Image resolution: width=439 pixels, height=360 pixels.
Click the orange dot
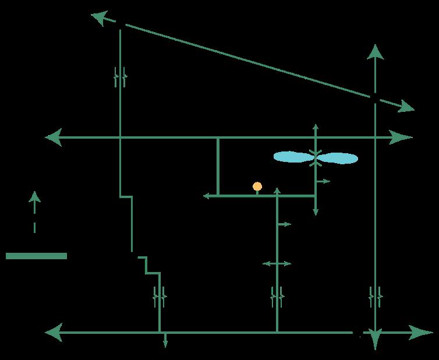tap(257, 186)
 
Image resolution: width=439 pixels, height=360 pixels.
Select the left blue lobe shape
tap(293, 157)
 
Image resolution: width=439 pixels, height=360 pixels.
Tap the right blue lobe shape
tap(338, 158)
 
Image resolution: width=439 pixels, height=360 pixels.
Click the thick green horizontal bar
tap(36, 256)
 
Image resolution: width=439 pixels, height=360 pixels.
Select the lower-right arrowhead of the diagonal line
tap(406, 107)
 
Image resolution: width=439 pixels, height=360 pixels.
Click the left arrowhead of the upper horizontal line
tap(54, 137)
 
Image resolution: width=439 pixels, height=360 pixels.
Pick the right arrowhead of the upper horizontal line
tap(403, 137)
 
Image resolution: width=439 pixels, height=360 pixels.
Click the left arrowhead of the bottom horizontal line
tap(54, 333)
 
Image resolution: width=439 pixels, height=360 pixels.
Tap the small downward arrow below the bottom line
tap(165, 343)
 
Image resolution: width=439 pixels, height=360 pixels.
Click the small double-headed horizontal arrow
tap(277, 264)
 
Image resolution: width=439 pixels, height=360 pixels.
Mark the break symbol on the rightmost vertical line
tap(376, 297)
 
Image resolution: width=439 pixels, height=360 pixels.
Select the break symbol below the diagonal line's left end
tap(120, 76)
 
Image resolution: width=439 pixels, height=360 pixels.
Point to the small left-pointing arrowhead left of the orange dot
tap(206, 196)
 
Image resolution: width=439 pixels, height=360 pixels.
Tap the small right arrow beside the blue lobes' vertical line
tap(324, 181)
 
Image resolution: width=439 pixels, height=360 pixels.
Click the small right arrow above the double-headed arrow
tap(285, 224)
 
